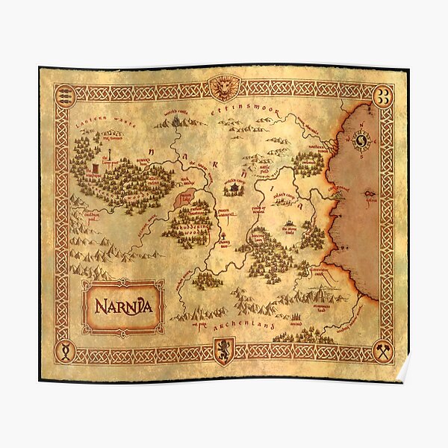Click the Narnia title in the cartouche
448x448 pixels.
(122, 306)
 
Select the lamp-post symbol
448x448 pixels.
(109, 159)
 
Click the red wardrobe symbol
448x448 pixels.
(96, 174)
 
